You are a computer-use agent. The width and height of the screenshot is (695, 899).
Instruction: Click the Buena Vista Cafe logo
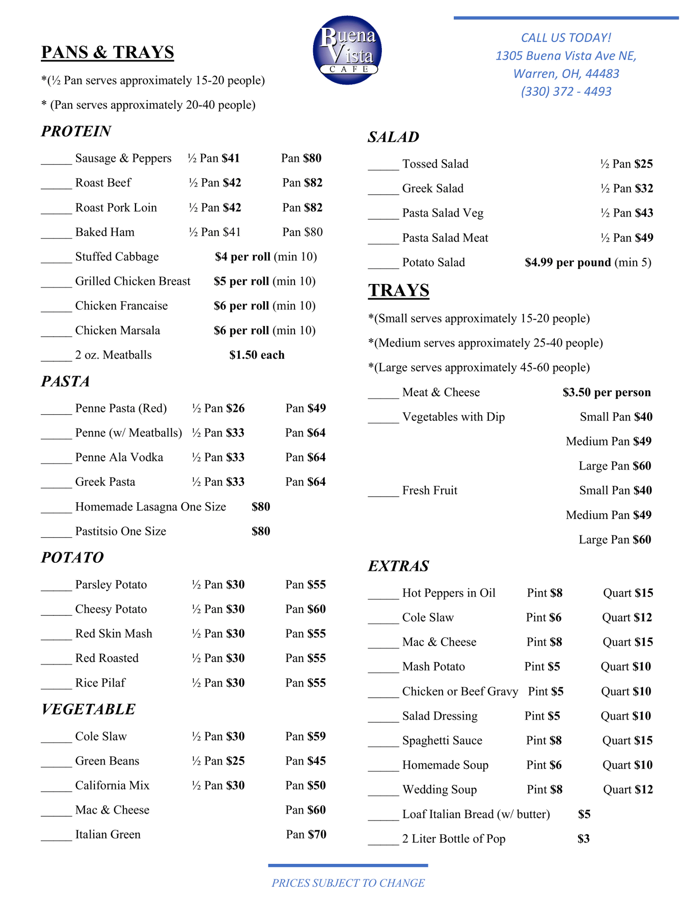tap(347, 50)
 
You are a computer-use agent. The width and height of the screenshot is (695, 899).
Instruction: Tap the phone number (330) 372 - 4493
tap(566, 91)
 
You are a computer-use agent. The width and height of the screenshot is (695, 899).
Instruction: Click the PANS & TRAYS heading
tap(108, 52)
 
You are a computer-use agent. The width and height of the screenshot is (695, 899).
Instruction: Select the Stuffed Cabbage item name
tap(117, 257)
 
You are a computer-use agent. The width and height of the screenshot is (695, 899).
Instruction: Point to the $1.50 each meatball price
tap(257, 355)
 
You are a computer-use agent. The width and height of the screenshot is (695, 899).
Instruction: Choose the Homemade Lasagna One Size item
tap(150, 507)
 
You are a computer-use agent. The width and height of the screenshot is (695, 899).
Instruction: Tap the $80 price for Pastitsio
tap(261, 532)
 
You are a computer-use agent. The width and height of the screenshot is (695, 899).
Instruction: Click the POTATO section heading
tap(72, 557)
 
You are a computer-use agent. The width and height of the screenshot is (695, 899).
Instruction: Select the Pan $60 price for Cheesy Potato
tap(305, 609)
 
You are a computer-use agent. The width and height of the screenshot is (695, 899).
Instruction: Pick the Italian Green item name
tap(108, 834)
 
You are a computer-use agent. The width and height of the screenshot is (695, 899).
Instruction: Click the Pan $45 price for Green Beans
tap(305, 761)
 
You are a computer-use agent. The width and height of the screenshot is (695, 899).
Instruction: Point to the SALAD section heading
tap(393, 137)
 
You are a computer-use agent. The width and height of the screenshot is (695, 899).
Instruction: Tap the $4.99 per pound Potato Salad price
tap(568, 263)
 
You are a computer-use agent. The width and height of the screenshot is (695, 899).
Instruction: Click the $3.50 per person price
tap(606, 392)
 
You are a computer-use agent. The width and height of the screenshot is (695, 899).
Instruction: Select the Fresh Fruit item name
tap(430, 490)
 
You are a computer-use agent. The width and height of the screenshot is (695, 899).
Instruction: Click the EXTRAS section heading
tap(398, 566)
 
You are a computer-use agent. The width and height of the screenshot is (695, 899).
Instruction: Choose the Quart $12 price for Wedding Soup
tap(628, 790)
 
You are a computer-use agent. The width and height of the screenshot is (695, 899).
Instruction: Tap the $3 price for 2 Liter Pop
tap(583, 839)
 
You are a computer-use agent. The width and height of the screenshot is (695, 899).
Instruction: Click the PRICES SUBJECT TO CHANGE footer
tap(348, 883)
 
